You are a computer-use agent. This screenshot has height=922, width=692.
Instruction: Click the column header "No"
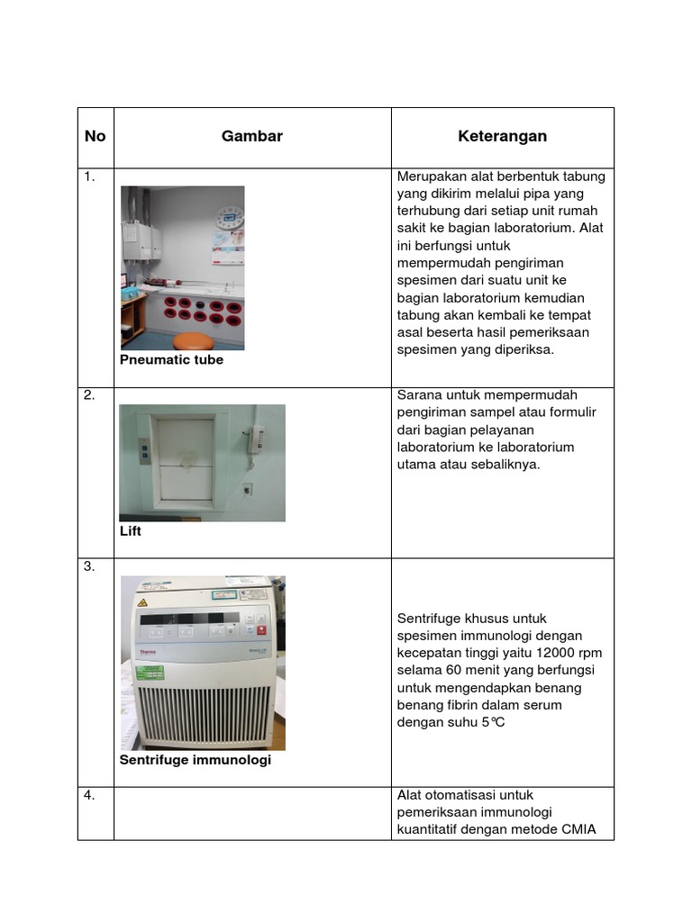95,136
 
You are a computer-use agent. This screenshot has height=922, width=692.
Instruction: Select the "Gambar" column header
252,136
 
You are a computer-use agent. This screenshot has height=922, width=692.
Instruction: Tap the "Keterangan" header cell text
502,136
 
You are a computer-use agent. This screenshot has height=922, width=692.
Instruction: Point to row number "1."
89,177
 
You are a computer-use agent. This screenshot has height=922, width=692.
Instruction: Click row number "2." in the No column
89,395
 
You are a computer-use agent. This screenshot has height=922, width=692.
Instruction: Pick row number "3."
89,566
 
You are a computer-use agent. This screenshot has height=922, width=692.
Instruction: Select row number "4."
89,795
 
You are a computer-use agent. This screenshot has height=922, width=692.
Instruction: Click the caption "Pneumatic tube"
171,359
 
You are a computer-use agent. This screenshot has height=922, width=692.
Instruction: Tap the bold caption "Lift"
131,531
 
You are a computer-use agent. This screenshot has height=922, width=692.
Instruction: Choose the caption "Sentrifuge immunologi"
195,760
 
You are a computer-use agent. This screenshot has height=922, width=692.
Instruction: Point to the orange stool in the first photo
194,340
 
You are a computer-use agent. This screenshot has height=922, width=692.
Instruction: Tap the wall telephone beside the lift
258,439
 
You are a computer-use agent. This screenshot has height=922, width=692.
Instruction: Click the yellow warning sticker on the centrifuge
141,601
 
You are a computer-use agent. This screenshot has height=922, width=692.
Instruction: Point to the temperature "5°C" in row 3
493,722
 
